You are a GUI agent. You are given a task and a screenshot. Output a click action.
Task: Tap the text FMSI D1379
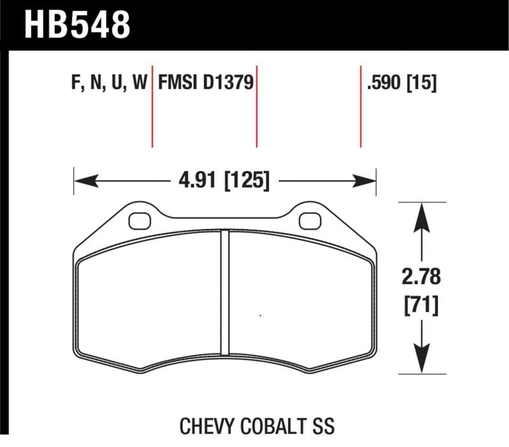(x=206, y=83)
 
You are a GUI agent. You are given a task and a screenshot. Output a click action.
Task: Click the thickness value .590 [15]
(x=401, y=83)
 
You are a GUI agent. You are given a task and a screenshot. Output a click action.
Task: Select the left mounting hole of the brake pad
(x=138, y=221)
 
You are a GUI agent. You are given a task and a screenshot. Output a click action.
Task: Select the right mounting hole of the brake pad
(x=309, y=221)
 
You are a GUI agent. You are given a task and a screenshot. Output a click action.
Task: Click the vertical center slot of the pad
(x=224, y=292)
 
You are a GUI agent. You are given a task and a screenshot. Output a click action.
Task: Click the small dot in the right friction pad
(x=260, y=315)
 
